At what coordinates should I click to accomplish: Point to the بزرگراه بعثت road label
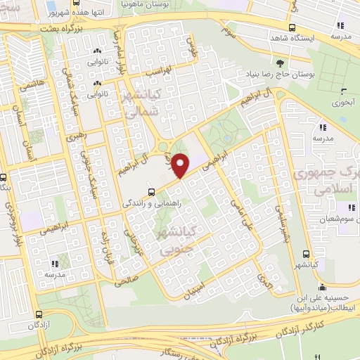[89, 27]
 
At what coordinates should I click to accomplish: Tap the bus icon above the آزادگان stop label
[39, 316]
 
